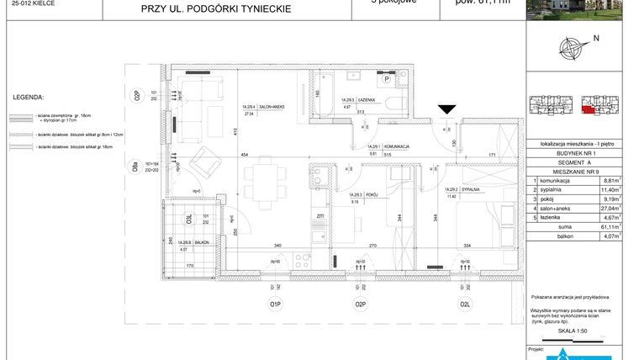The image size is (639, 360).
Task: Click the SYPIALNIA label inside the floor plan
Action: pyautogui.click(x=470, y=190)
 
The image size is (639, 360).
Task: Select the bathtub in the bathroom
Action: pyautogui.click(x=325, y=93)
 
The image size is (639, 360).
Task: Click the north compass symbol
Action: pyautogui.click(x=573, y=47)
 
